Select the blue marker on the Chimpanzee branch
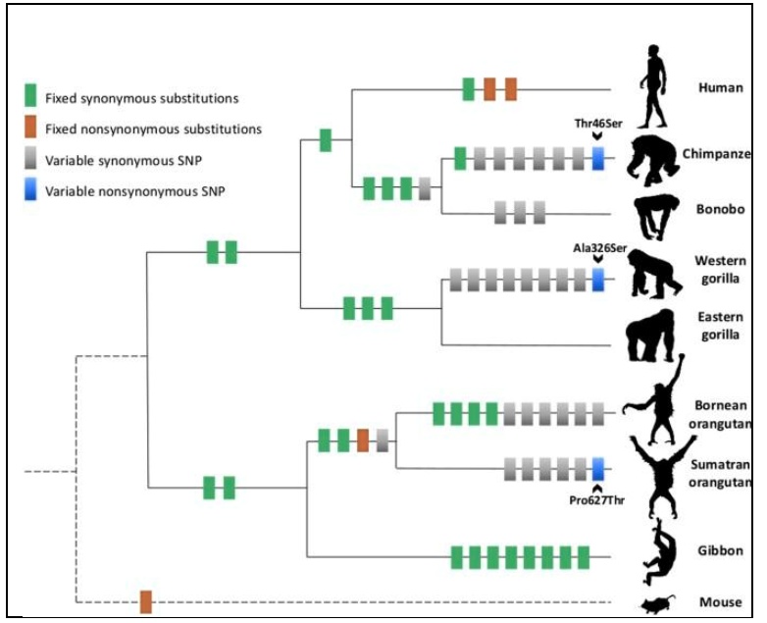point(598,159)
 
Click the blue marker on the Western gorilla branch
point(598,280)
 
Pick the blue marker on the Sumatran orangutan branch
point(598,468)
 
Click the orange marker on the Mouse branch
point(145,601)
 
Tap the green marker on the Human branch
point(469,89)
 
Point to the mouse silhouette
point(654,603)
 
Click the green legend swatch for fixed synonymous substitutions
point(31,97)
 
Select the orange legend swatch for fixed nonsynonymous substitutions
point(31,128)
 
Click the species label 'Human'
point(720,87)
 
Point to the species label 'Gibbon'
point(720,551)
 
